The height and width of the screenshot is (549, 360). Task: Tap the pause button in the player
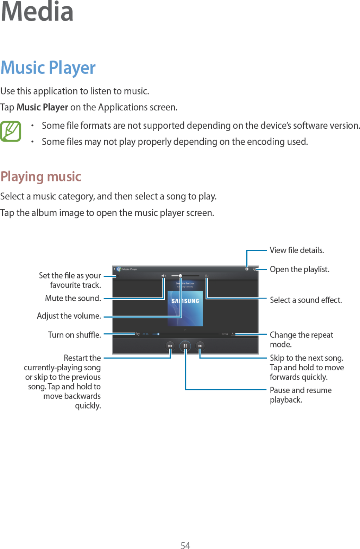pyautogui.click(x=185, y=346)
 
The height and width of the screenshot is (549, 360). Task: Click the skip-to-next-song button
pyautogui.click(x=200, y=346)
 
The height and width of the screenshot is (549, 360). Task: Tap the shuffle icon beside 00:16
pyautogui.click(x=137, y=334)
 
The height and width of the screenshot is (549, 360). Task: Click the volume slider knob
pyautogui.click(x=180, y=276)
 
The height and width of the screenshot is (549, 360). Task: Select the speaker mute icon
pyautogui.click(x=163, y=276)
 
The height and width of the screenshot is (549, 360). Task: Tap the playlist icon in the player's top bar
pyautogui.click(x=254, y=269)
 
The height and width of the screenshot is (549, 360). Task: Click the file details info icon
pyautogui.click(x=247, y=269)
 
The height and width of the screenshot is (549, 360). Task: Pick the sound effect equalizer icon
pyautogui.click(x=207, y=276)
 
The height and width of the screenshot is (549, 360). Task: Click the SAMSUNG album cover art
pyautogui.click(x=185, y=308)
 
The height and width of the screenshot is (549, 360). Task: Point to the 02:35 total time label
pyautogui.click(x=225, y=334)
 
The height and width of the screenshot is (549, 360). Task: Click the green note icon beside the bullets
pyautogui.click(x=11, y=131)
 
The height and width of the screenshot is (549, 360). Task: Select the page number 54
pyautogui.click(x=185, y=545)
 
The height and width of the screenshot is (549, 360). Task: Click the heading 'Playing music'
pyautogui.click(x=41, y=177)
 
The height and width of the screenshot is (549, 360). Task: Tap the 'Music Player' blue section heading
pyautogui.click(x=48, y=68)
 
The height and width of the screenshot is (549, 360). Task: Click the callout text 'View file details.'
pyautogui.click(x=297, y=250)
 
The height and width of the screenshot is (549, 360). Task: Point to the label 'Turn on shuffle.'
pyautogui.click(x=74, y=335)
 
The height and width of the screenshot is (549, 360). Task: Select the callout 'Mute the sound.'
pyautogui.click(x=73, y=298)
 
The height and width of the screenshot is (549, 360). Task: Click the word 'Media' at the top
pyautogui.click(x=37, y=11)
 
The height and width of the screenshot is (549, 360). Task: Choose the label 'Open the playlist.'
pyautogui.click(x=299, y=269)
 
